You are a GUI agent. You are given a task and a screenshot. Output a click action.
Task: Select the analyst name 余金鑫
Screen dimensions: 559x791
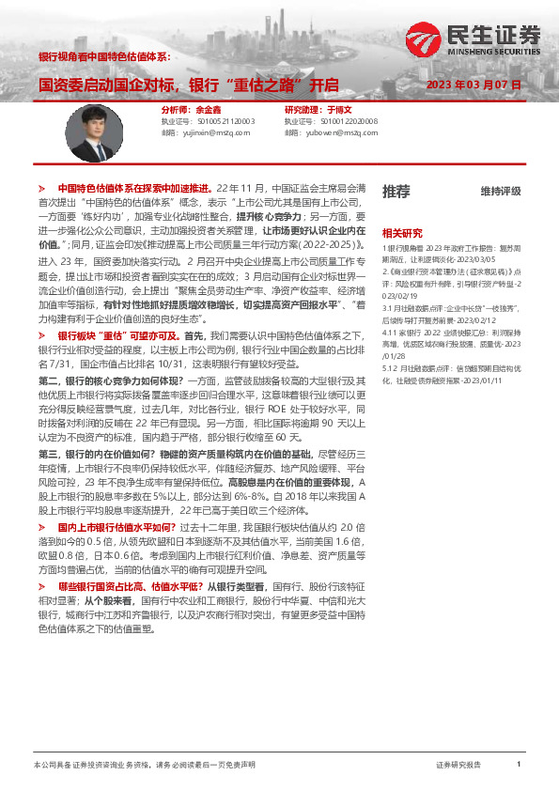[x=210, y=110]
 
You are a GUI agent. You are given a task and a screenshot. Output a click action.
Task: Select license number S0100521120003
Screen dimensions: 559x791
[x=225, y=121]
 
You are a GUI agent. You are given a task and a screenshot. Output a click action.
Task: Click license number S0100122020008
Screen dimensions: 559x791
[x=349, y=121]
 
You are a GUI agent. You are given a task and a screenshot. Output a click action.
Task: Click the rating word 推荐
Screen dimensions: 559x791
[x=396, y=192]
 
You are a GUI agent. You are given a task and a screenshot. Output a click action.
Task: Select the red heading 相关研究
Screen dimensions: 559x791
[x=401, y=231]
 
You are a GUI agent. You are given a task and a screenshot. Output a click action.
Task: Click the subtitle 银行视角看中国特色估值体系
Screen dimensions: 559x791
[x=102, y=57]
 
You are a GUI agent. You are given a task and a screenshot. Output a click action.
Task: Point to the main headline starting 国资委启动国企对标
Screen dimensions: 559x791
[x=188, y=85]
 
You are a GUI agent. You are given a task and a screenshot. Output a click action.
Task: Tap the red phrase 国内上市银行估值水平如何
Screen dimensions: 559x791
[x=116, y=528]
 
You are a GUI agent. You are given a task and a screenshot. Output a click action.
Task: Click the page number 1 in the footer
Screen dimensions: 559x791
[x=519, y=765]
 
